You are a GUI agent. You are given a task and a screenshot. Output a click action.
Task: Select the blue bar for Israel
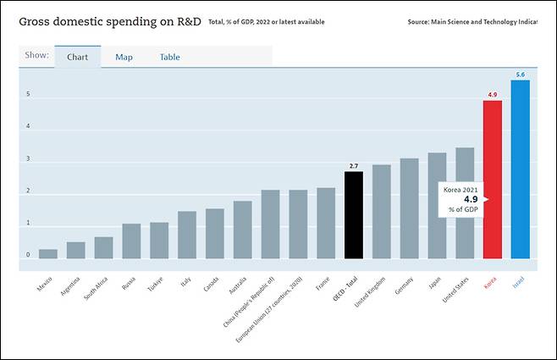[520, 169]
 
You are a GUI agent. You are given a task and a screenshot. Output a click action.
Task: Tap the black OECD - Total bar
[354, 215]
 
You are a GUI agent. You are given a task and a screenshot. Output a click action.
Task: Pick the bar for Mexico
[48, 254]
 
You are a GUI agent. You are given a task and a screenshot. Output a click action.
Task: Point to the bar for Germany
[409, 208]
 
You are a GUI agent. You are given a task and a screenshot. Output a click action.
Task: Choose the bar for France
[326, 223]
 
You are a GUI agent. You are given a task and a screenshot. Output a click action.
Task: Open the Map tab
[124, 58]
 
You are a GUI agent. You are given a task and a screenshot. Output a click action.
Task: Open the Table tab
[169, 58]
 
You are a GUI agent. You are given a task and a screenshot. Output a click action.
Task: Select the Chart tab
[78, 58]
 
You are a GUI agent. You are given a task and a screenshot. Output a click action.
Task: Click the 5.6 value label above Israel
[520, 74]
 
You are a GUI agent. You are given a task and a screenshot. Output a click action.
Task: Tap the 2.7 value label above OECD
[354, 166]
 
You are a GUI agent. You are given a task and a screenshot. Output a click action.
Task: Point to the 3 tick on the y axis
[28, 159]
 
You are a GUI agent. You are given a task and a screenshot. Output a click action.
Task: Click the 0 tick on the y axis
[28, 255]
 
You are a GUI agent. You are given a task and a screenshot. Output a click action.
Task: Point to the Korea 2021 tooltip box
[460, 199]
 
